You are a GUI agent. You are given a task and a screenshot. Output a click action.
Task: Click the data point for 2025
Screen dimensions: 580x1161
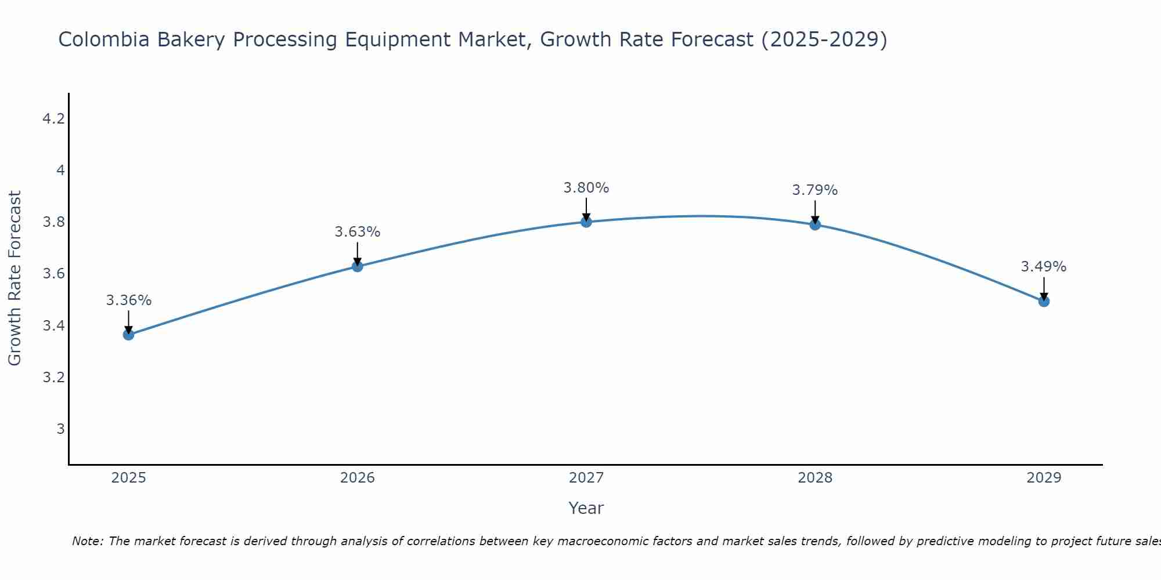pos(128,335)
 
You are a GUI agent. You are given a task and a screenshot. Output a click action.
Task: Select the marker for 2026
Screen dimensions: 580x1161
pos(358,266)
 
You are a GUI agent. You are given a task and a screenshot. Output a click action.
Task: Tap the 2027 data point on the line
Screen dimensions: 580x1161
pos(586,222)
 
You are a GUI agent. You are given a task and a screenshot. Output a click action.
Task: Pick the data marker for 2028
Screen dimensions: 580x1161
pos(815,224)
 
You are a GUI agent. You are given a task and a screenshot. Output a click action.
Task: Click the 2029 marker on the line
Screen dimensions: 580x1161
pos(1044,301)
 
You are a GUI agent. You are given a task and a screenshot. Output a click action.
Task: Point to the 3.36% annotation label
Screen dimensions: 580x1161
pos(128,300)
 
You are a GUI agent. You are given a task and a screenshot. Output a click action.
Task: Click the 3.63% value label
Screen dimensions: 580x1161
pos(358,232)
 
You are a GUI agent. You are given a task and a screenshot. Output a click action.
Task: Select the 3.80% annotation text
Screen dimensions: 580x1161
pos(586,188)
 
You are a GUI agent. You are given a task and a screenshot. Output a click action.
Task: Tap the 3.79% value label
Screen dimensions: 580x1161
pos(815,190)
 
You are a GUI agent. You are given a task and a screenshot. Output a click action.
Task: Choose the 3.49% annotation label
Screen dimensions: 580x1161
pos(1044,267)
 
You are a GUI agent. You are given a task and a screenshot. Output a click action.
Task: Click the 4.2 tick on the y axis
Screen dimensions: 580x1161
pos(53,119)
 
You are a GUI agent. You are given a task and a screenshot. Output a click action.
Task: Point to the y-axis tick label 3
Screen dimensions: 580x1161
pos(60,429)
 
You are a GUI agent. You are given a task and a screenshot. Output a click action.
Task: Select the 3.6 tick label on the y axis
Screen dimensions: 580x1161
pos(53,274)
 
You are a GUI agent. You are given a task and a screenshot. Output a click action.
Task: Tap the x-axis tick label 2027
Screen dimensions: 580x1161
pos(586,478)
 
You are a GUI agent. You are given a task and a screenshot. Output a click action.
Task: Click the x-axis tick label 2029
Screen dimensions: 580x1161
pos(1044,478)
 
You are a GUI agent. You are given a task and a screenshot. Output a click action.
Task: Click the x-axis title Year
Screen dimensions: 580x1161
pos(586,508)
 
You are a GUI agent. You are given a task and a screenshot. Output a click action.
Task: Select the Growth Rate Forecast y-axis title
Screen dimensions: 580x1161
pos(15,278)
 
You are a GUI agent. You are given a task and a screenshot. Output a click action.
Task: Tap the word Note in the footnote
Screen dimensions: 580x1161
pos(86,541)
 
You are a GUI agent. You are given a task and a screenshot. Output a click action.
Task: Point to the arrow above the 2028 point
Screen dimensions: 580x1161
pos(815,212)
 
